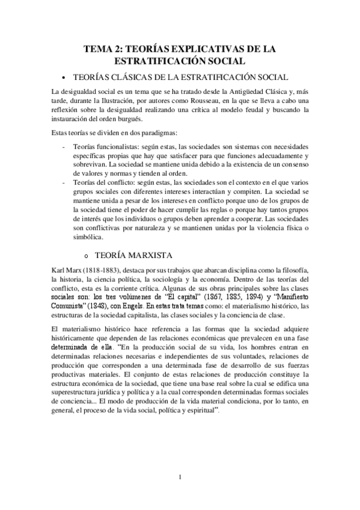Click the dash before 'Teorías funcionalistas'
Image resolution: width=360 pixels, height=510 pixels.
[65, 147]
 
